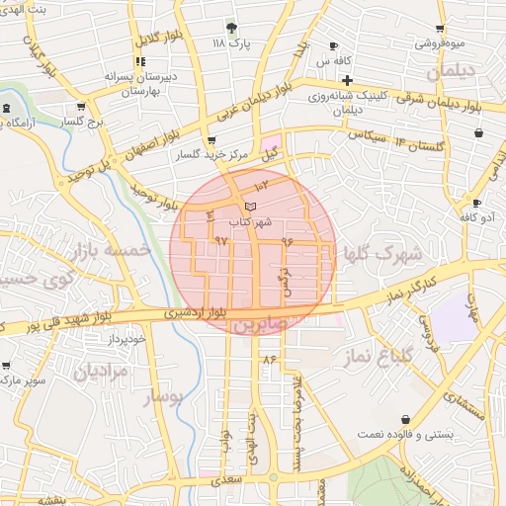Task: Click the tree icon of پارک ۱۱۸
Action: pos(232,27)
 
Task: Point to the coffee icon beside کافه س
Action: pos(333,45)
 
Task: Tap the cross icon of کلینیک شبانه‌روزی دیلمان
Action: pos(347,80)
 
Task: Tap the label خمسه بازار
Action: pos(111,252)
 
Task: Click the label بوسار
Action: pos(164,396)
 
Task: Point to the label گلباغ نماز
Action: pos(377,356)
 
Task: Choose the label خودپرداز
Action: pos(127,339)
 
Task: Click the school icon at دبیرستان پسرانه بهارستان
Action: pos(139,61)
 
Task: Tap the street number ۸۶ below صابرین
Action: pos(269,357)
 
